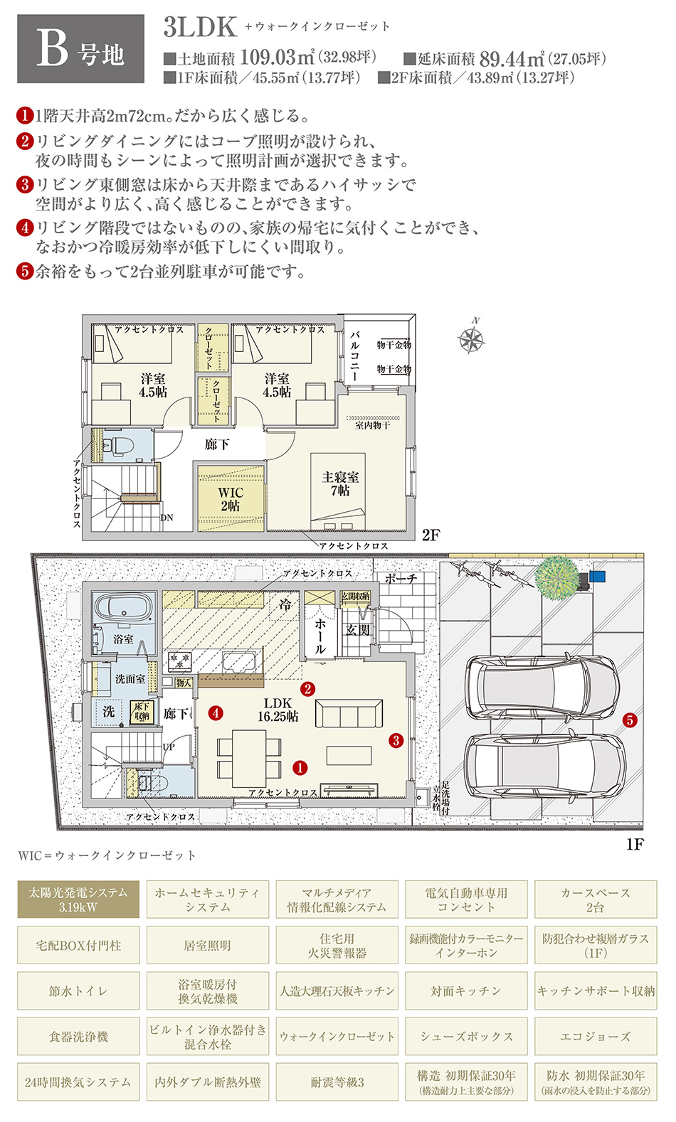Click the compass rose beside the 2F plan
point(471,339)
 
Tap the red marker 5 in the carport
point(630,720)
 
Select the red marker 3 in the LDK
point(396,740)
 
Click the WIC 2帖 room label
point(231,499)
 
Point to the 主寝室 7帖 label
point(340,483)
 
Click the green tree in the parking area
point(556,577)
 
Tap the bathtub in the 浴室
point(123,608)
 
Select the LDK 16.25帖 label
point(278,710)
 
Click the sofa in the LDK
point(348,712)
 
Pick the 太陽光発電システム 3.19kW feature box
point(78,899)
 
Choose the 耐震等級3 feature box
point(337,1082)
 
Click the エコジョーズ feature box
point(596,1037)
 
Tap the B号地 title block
point(80,48)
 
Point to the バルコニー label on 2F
point(354,355)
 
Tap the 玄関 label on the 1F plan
point(357,630)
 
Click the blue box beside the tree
point(598,576)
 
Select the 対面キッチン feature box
point(466,990)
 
